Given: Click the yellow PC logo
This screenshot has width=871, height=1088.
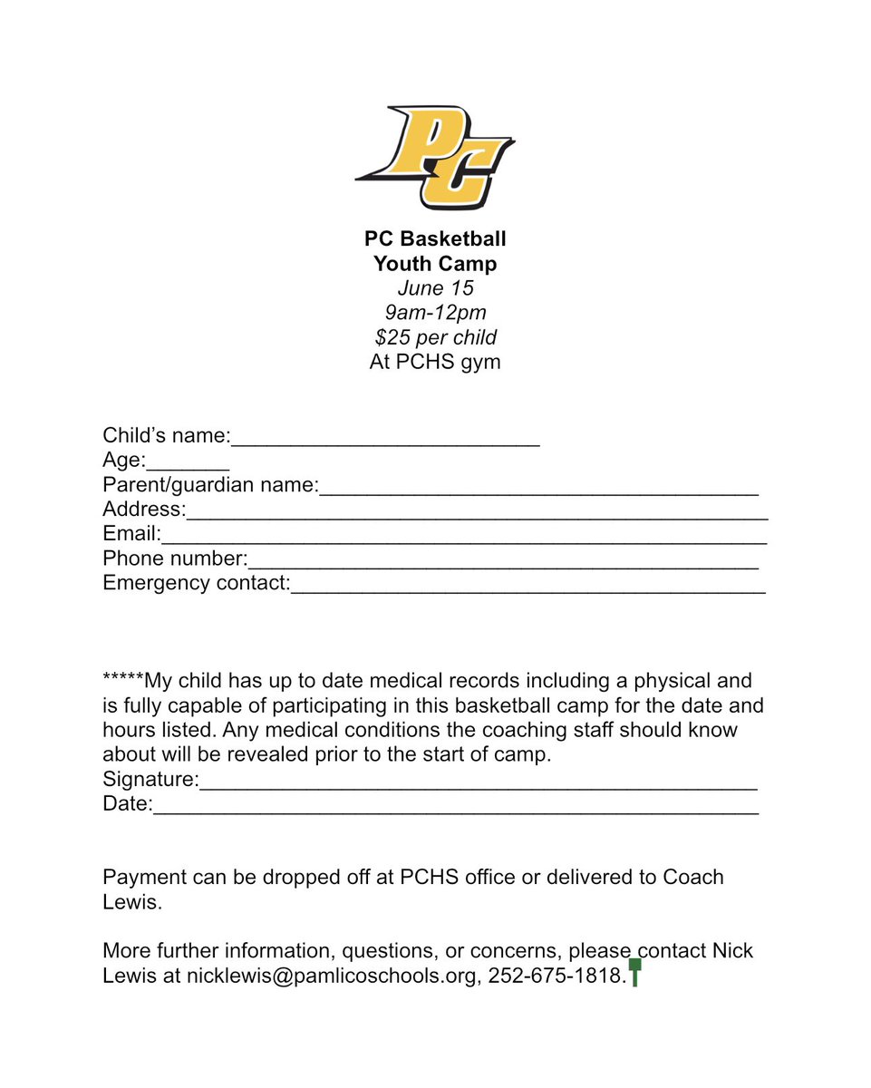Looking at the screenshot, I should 435,157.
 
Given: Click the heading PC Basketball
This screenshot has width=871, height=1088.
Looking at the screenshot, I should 435,239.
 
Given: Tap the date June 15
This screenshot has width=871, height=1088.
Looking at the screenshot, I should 435,288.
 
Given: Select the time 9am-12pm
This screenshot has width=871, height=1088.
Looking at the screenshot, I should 435,313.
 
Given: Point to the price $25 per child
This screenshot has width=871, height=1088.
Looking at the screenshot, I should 435,337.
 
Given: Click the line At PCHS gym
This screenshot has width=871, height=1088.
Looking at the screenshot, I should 435,362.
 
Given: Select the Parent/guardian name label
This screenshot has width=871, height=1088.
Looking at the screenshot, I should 209,485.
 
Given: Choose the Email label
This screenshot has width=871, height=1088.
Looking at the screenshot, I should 131,534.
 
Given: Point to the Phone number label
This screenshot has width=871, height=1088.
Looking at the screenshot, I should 175,559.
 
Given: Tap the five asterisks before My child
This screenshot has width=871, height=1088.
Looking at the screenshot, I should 123,679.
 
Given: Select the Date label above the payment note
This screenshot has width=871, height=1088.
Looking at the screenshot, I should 127,803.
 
